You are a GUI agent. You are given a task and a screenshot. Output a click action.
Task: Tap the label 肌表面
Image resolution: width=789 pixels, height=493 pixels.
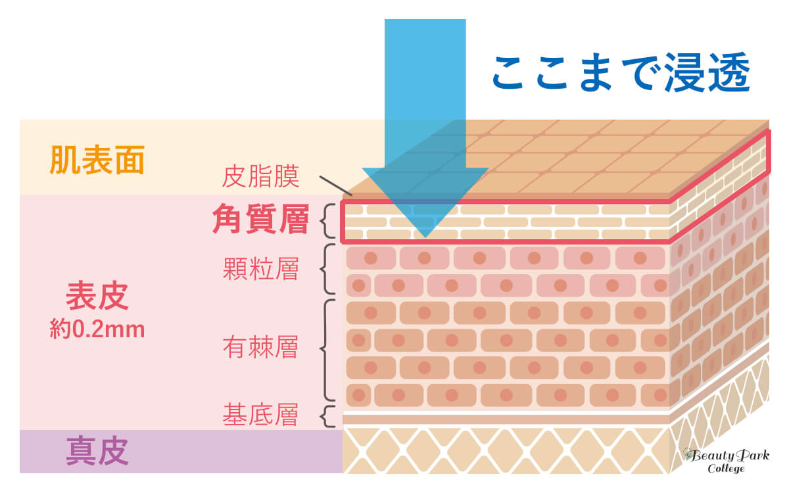(x=97, y=162)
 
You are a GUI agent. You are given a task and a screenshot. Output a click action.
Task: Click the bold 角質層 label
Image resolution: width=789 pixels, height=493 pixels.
(x=260, y=221)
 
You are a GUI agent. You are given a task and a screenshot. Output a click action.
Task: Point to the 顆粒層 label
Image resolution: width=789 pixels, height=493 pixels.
(x=260, y=269)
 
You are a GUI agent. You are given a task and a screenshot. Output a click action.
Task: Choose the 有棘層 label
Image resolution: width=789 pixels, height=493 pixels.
(x=260, y=348)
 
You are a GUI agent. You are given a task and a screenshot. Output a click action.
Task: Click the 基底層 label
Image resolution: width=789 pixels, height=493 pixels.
(x=260, y=415)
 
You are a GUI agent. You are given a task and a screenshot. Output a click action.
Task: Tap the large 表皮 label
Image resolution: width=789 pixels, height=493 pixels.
(x=97, y=298)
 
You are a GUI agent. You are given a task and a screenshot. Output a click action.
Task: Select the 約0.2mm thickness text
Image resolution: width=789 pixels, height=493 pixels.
(x=97, y=329)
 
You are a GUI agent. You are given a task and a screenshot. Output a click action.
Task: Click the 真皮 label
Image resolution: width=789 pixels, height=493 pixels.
(x=97, y=452)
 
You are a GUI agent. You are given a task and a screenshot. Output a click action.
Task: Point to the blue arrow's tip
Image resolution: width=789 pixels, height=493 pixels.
(x=425, y=235)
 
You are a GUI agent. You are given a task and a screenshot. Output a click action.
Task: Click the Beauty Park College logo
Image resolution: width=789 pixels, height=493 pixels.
(x=726, y=460)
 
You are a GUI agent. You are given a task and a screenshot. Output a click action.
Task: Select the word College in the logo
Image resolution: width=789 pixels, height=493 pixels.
(x=726, y=469)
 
